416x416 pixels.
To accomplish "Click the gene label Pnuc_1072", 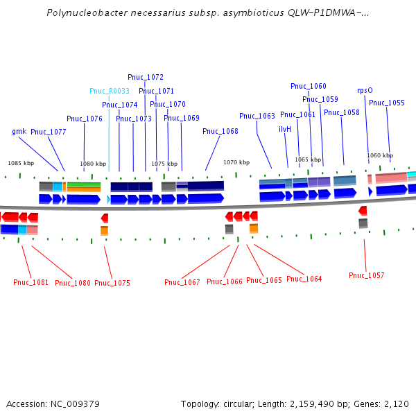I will pos(146,77).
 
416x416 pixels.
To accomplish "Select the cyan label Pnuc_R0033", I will pos(110,91).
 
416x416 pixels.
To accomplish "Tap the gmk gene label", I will pos(19,131).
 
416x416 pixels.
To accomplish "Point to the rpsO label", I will pos(365,90).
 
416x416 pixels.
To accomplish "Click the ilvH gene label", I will pos(285,129).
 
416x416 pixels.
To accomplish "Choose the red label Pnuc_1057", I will pos(366,275).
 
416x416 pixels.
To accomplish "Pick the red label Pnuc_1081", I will pos(31,282).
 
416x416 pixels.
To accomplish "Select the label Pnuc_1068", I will pos(220,131).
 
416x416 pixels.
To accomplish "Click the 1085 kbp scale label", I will pos(21,163).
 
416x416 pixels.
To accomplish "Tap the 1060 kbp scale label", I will pos(380,155).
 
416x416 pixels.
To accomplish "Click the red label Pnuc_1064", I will pos(304,279).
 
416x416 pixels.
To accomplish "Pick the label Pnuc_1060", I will pos(308,86).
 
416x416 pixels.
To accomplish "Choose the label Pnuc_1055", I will pos(387,103).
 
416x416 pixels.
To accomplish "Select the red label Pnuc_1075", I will pos(112,283).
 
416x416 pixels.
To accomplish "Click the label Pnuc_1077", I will pos(49,132).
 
